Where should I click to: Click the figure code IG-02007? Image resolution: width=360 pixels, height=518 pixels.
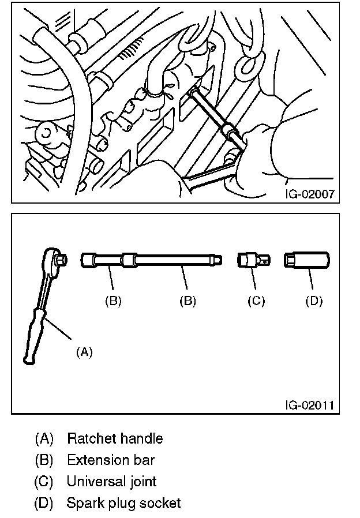coord(310,194)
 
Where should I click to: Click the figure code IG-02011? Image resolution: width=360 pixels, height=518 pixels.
coord(310,405)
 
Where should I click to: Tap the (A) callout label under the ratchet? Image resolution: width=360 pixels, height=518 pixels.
coord(84,352)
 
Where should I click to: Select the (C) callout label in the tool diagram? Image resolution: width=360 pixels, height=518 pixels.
coord(256,301)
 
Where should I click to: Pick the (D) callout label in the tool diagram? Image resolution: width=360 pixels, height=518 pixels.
coord(314,301)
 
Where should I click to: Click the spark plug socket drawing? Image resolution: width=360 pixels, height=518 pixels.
coord(306,260)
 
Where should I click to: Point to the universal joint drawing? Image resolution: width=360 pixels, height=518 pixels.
coord(254,260)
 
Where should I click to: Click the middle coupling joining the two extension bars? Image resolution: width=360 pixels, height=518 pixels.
coord(129,260)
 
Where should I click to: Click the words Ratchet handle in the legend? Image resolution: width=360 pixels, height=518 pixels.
coord(115,439)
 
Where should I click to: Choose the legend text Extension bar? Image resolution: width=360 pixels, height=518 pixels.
coord(111,460)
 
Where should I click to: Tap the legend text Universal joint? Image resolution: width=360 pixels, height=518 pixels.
coord(111,482)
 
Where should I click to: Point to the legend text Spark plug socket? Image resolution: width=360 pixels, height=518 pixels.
coord(123,504)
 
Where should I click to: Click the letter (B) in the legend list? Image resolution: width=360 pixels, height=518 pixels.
coord(44,460)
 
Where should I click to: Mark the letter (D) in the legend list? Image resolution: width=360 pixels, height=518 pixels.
coord(44,503)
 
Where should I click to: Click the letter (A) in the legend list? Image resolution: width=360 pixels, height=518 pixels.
coord(44,439)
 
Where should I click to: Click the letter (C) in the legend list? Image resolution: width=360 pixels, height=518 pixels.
coord(44,482)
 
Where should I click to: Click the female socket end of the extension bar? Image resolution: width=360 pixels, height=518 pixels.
coord(88,260)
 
